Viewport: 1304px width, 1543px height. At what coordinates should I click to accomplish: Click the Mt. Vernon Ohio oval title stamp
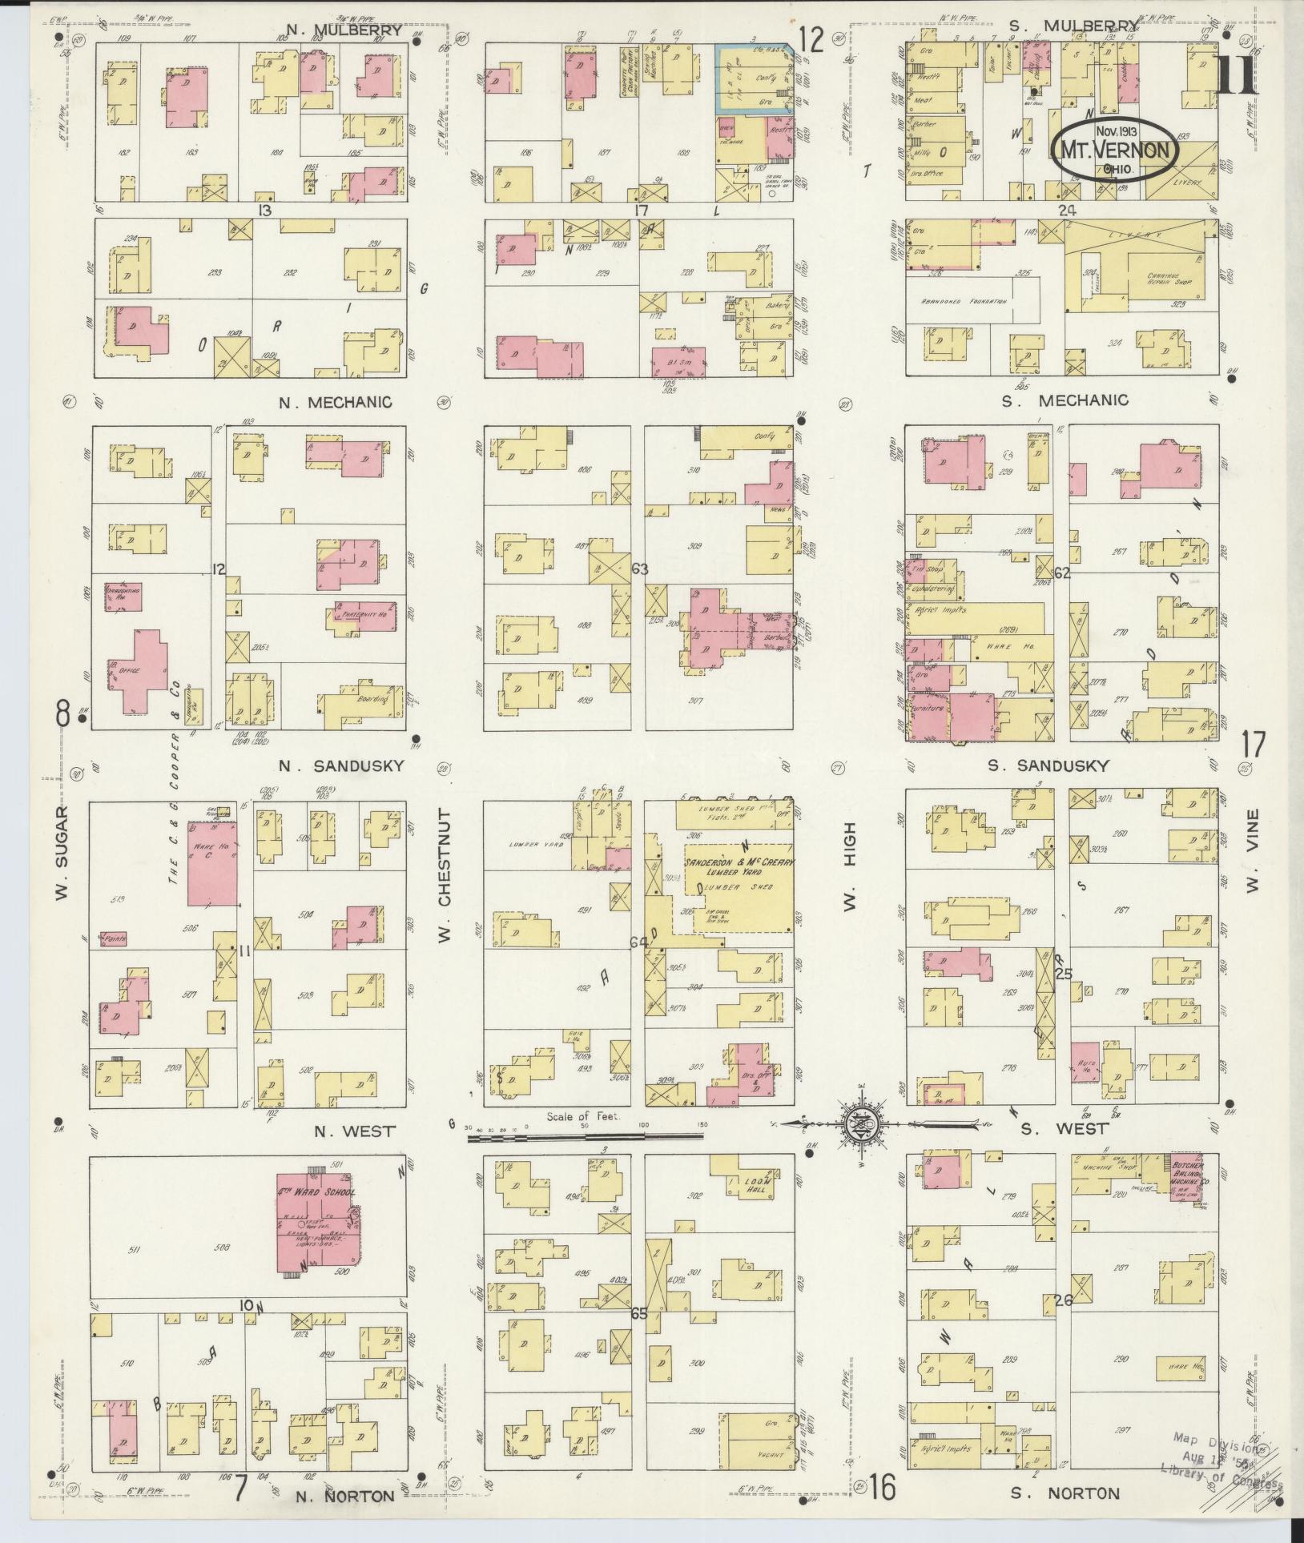pyautogui.click(x=1113, y=150)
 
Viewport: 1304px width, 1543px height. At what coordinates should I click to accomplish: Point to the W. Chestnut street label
pyautogui.click(x=446, y=877)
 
